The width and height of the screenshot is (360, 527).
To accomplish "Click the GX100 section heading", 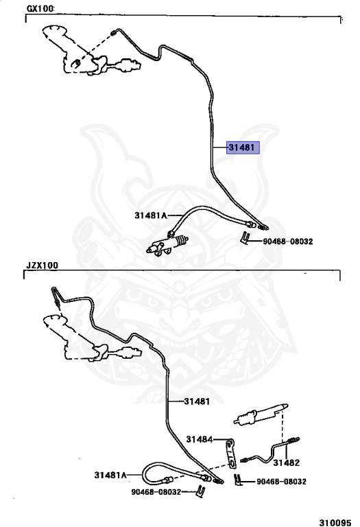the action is pyautogui.click(x=40, y=9).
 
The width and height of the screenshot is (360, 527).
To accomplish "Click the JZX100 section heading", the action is pyautogui.click(x=43, y=266).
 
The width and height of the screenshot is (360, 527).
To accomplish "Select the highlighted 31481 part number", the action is pyautogui.click(x=243, y=148).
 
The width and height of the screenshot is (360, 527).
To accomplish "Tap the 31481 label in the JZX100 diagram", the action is pyautogui.click(x=197, y=401).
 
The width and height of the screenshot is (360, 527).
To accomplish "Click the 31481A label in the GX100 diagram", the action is pyautogui.click(x=151, y=215).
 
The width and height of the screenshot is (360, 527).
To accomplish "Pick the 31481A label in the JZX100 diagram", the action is pyautogui.click(x=110, y=475).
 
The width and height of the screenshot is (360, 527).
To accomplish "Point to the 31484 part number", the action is pyautogui.click(x=199, y=439).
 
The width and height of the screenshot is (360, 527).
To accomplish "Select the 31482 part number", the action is pyautogui.click(x=286, y=462).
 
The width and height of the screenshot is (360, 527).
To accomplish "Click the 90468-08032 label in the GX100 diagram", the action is pyautogui.click(x=287, y=242).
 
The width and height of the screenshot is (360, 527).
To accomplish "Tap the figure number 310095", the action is pyautogui.click(x=335, y=523).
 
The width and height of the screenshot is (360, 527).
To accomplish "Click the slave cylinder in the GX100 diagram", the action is pyautogui.click(x=167, y=244).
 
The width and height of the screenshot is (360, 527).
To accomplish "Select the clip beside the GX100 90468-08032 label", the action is pyautogui.click(x=245, y=238).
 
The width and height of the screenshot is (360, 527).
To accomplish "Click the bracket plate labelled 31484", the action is pyautogui.click(x=231, y=454).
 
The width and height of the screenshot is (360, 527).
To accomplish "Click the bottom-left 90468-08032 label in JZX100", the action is pyautogui.click(x=156, y=492).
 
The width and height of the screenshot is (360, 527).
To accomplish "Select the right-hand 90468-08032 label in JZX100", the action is pyautogui.click(x=281, y=482).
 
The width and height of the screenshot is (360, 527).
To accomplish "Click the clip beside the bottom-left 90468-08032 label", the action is pyautogui.click(x=200, y=491).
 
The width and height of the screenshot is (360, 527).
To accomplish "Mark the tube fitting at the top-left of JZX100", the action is pyautogui.click(x=56, y=296).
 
